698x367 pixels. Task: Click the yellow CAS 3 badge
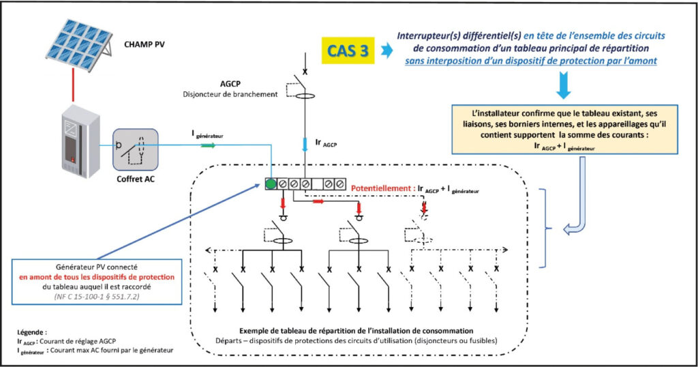click(x=348, y=50)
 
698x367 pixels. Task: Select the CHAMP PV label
click(x=145, y=44)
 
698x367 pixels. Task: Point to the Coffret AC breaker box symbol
click(x=136, y=149)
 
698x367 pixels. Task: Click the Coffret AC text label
click(x=136, y=179)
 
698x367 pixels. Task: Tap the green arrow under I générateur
click(x=208, y=146)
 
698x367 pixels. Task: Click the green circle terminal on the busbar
click(x=271, y=183)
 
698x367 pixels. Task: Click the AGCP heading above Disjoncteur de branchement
click(x=230, y=84)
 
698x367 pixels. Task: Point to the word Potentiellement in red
click(x=380, y=188)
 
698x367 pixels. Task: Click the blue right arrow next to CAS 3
click(x=387, y=50)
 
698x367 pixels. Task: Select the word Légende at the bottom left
click(x=31, y=332)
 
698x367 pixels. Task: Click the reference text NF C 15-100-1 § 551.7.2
click(x=97, y=296)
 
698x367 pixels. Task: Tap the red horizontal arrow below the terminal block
click(x=319, y=201)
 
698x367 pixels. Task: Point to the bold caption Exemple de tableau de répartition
click(x=356, y=330)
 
